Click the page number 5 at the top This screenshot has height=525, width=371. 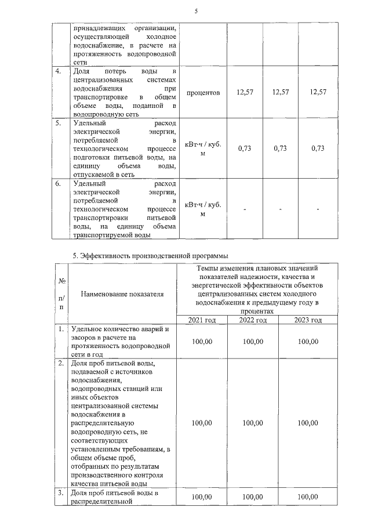pos(195,7)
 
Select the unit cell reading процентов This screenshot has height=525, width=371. pos(203,93)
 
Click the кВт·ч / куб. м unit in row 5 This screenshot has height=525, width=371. pos(203,149)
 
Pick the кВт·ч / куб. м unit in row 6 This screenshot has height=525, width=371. pos(203,209)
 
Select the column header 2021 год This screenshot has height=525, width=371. pos(202,320)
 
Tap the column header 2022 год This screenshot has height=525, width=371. pos(253,320)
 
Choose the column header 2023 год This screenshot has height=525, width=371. pos(307,320)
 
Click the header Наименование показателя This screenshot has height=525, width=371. pos(122,294)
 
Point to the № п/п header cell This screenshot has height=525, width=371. pos(61,294)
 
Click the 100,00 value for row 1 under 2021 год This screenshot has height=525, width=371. pos(202,342)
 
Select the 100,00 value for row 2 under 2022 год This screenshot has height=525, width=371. pos(253,423)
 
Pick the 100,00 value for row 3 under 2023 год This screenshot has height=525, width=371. pos(307,497)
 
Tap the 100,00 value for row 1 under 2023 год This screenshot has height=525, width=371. pos(307,342)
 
